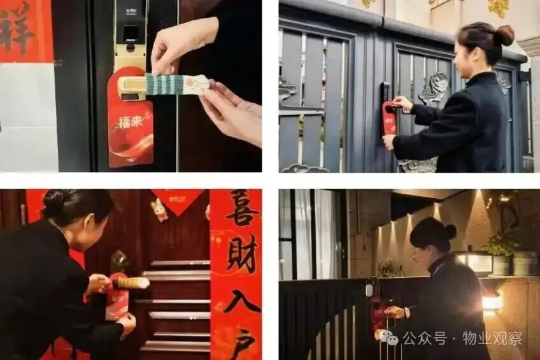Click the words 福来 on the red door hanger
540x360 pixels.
click(x=130, y=122)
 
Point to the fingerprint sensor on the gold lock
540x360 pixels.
click(x=131, y=34)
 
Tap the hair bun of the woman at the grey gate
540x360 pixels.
click(x=504, y=34)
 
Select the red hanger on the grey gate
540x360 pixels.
click(x=389, y=117)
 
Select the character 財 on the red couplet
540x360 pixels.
click(x=242, y=254)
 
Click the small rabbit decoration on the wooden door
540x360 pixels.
click(x=159, y=210)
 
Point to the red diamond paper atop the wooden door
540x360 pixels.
click(x=177, y=199)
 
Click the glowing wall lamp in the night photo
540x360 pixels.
click(x=491, y=302)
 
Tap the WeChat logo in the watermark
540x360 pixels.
click(x=389, y=338)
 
